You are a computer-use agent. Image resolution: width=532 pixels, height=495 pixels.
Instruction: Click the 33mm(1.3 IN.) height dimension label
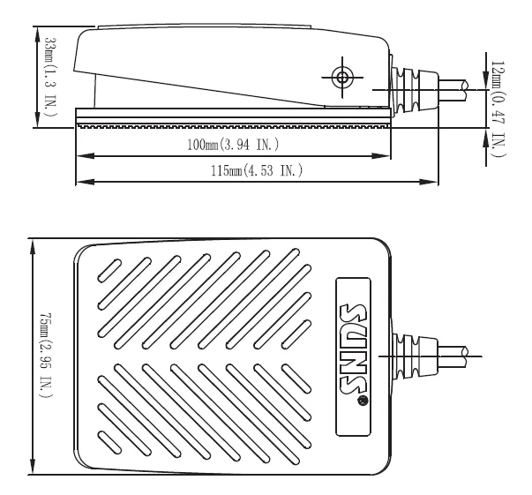pyautogui.click(x=51, y=77)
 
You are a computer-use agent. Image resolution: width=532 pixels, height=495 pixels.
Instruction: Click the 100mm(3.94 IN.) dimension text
pyautogui.click(x=233, y=145)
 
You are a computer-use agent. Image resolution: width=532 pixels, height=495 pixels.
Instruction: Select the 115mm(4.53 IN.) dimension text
pyautogui.click(x=257, y=170)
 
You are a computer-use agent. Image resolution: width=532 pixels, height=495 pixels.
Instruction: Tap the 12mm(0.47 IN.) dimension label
pyautogui.click(x=498, y=109)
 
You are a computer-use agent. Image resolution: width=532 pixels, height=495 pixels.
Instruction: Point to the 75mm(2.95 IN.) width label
pyautogui.click(x=46, y=356)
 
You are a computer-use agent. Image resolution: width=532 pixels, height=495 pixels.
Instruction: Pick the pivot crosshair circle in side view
pyautogui.click(x=342, y=78)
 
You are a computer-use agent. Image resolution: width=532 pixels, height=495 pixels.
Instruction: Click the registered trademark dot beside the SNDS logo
pyautogui.click(x=363, y=401)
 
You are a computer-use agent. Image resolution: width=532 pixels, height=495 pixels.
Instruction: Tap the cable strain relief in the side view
pyautogui.click(x=415, y=90)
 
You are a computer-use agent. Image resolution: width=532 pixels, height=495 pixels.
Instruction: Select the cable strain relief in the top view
pyautogui.click(x=415, y=356)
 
